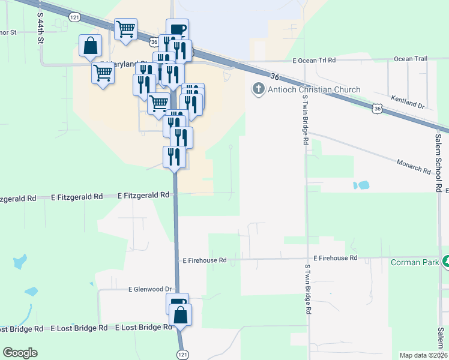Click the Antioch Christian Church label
click(x=313, y=90)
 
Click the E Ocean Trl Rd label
click(x=314, y=61)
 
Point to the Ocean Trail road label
click(x=411, y=59)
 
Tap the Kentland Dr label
click(x=407, y=102)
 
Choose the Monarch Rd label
click(x=414, y=167)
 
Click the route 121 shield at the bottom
click(x=182, y=355)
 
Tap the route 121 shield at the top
click(x=74, y=18)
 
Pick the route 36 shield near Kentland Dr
click(x=376, y=109)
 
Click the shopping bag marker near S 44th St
click(x=90, y=46)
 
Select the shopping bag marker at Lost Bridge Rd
click(x=181, y=314)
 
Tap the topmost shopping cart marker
click(x=126, y=28)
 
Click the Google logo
click(x=20, y=353)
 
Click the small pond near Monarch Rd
click(x=361, y=185)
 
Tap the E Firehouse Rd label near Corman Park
click(x=335, y=257)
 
